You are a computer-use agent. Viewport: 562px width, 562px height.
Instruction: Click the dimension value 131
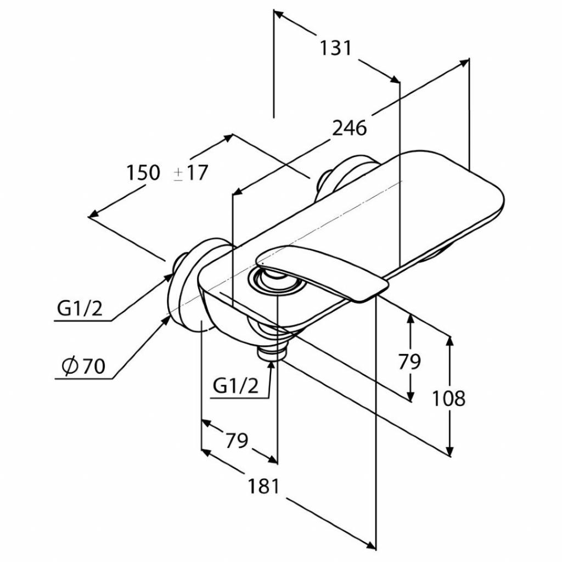(x=336, y=48)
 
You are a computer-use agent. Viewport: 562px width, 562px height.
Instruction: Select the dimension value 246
(x=350, y=128)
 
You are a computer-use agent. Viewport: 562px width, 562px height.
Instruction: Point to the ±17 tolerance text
(x=190, y=172)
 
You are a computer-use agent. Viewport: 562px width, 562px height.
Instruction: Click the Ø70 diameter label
(x=83, y=366)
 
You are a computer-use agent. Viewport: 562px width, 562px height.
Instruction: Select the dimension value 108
(x=448, y=398)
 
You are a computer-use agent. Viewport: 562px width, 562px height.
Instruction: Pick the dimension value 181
(x=263, y=486)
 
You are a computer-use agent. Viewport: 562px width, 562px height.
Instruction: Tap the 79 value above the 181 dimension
(x=237, y=440)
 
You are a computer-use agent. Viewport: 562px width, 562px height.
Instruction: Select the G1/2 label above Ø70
(x=80, y=308)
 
